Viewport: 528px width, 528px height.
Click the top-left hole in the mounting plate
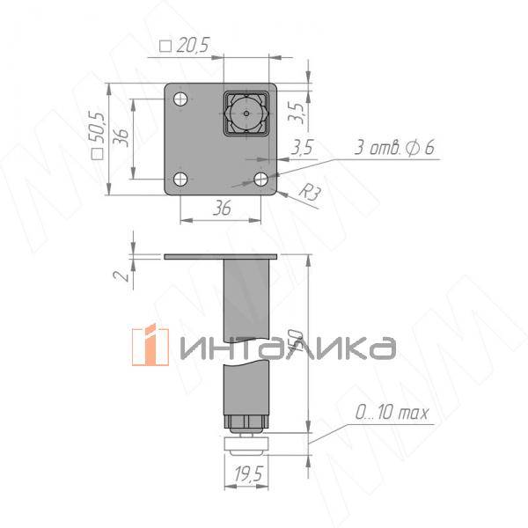pyautogui.click(x=180, y=98)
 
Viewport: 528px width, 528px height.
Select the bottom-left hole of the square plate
pyautogui.click(x=180, y=180)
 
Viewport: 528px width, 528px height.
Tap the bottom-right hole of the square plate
pyautogui.click(x=261, y=180)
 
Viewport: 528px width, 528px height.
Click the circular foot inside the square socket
pyautogui.click(x=246, y=114)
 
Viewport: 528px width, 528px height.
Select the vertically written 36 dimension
pyautogui.click(x=122, y=138)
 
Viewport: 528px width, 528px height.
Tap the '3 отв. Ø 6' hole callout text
pyautogui.click(x=393, y=148)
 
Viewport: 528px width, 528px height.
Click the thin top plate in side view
pyautogui.click(x=220, y=257)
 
